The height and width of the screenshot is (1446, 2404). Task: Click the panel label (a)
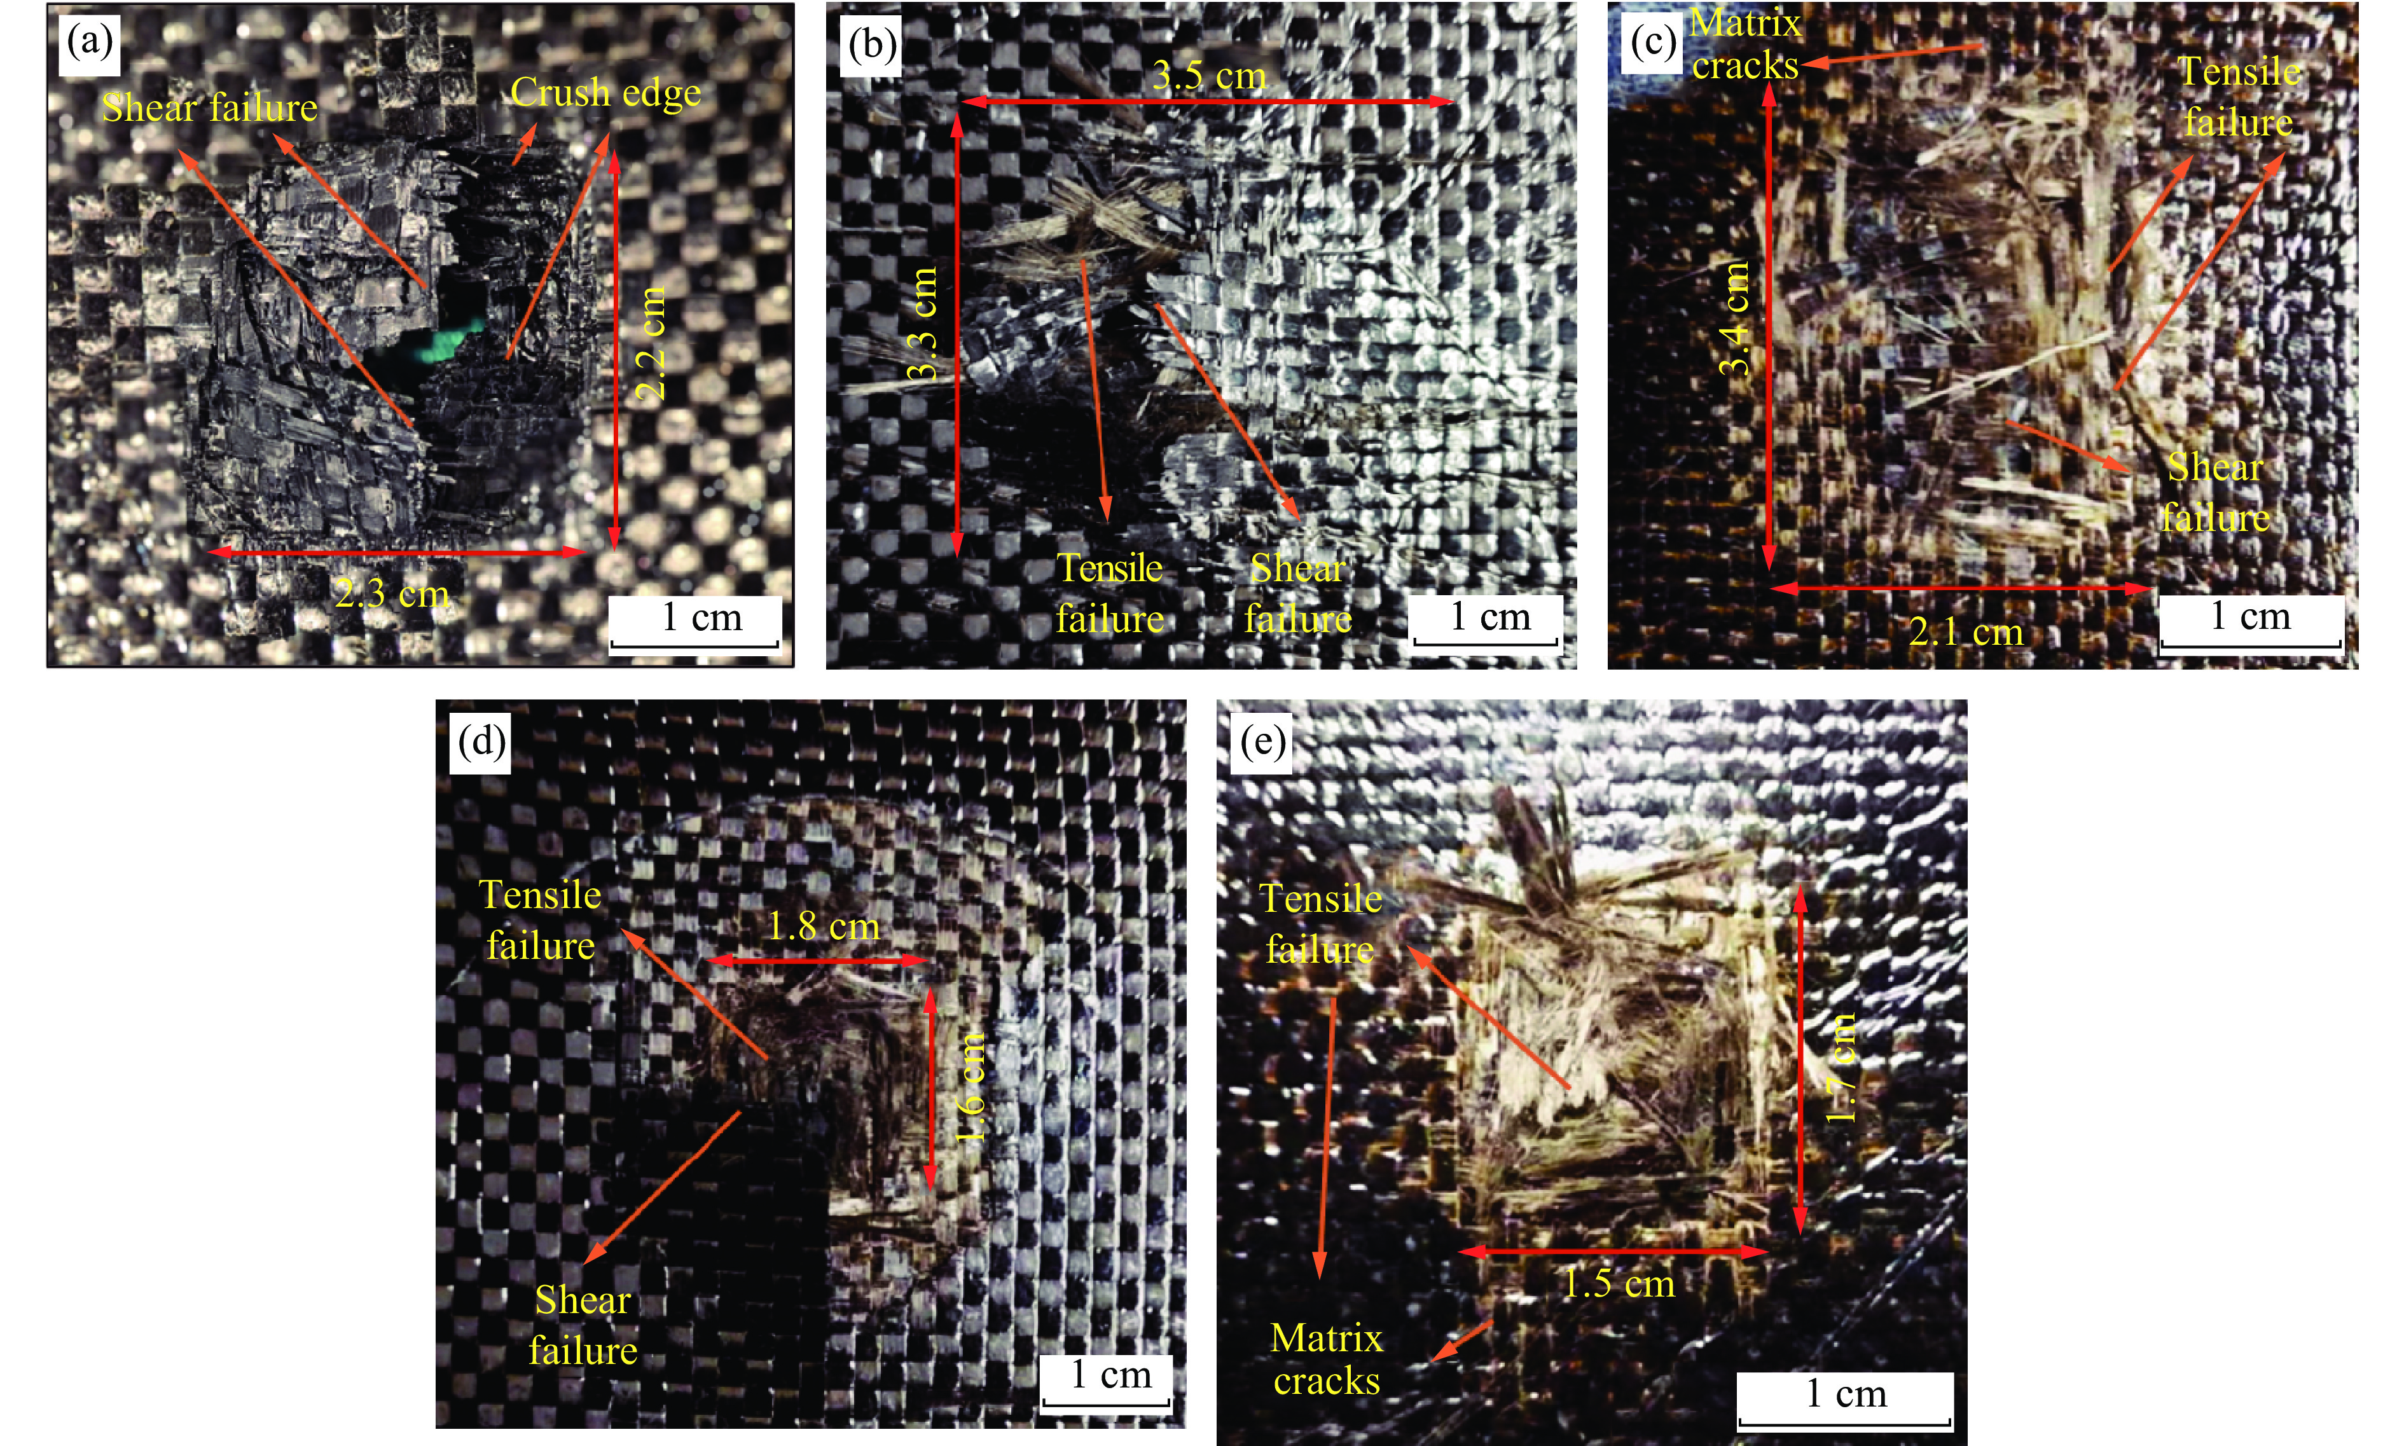coord(90,43)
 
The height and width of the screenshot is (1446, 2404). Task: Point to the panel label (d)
coord(482,743)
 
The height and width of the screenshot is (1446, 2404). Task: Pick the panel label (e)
coord(1263,743)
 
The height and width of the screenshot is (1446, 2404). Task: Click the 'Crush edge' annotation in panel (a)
coord(605,93)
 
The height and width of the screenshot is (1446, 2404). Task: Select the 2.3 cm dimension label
coord(392,593)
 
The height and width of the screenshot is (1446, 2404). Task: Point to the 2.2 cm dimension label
coord(650,343)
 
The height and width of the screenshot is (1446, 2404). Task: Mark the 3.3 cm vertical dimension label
coord(921,324)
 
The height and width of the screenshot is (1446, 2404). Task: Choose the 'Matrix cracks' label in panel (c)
coord(1745,44)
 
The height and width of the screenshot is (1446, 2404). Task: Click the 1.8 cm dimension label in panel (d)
coord(824,926)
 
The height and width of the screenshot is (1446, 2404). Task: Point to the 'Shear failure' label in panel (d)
coord(583,1325)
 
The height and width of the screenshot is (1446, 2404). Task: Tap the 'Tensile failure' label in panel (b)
coord(1110,593)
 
